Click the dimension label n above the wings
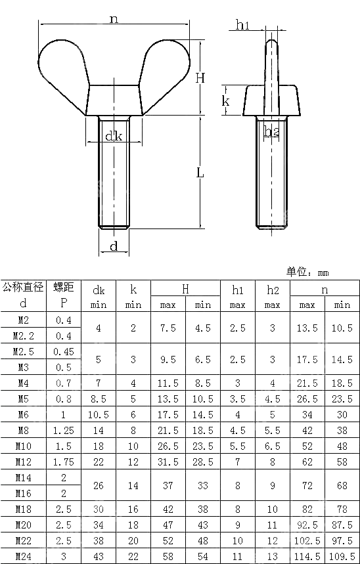click(114, 19)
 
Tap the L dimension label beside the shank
click(200, 173)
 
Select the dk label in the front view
click(114, 137)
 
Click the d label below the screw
click(114, 246)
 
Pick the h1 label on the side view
click(242, 25)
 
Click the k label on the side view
click(225, 101)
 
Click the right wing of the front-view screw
click(164, 66)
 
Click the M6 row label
click(22, 415)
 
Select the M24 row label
click(22, 556)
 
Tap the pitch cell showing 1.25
click(63, 431)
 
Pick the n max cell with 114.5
click(307, 556)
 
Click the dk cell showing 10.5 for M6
click(99, 415)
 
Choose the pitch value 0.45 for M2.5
click(63, 352)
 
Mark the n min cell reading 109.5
click(342, 556)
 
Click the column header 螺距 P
click(63, 295)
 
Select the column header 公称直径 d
click(22, 295)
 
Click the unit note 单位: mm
click(307, 272)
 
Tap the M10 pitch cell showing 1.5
click(63, 446)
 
